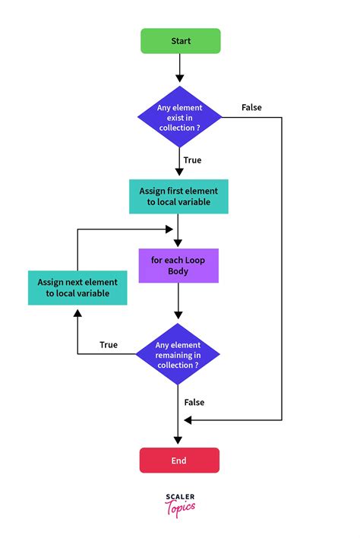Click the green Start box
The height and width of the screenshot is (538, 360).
[x=180, y=41]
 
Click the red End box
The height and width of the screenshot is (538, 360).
[x=179, y=460]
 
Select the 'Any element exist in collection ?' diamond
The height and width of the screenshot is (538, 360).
[x=180, y=117]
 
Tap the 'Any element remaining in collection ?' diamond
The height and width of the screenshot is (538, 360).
[x=178, y=354]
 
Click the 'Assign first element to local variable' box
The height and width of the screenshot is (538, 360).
[x=179, y=197]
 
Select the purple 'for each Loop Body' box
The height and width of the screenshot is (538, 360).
[x=178, y=265]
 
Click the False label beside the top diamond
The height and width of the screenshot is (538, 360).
[x=251, y=107]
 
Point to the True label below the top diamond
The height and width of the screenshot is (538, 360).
[x=193, y=160]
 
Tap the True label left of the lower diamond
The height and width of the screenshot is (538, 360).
[x=109, y=345]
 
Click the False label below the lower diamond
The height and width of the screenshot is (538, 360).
[x=194, y=402]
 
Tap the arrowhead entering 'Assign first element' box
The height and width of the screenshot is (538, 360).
[x=180, y=175]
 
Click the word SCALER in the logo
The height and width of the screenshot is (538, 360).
[x=179, y=497]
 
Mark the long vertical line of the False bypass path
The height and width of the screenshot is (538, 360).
[x=282, y=266]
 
